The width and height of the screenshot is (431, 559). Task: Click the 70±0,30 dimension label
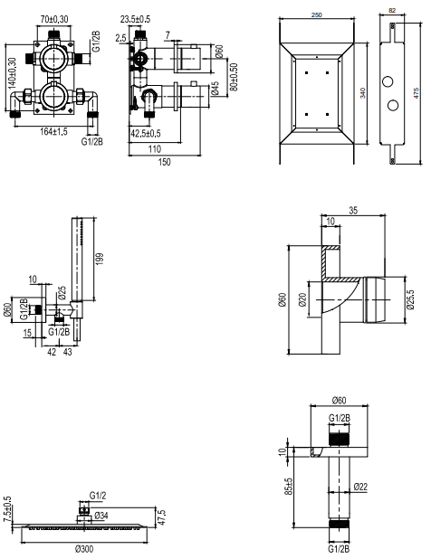pos(54,19)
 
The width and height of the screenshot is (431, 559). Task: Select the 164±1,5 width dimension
pos(53,131)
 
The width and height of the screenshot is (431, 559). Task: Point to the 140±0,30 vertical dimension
pos(12,72)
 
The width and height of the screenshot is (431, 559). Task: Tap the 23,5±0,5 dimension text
pos(135,19)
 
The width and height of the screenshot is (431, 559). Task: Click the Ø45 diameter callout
pos(215,89)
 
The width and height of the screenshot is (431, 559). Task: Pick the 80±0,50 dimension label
pos(234,77)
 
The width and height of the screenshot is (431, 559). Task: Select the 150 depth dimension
pos(164,162)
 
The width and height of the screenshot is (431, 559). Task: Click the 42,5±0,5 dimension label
pos(146,134)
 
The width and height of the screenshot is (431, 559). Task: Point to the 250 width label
pos(317,15)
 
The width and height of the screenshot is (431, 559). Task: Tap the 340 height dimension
pos(363,93)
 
